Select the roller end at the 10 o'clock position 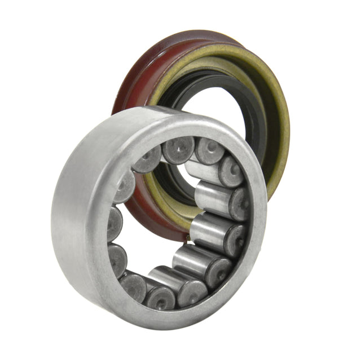pos(125,186)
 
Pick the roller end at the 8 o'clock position pos(117,259)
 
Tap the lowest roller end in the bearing pos(161,297)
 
